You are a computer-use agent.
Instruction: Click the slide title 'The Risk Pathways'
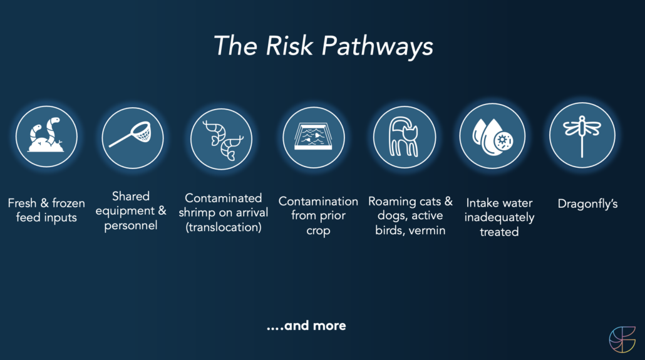pos(323,46)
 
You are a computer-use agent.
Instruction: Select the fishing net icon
pos(133,138)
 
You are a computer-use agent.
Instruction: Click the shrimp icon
pos(221,138)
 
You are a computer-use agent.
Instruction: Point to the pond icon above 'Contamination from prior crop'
pos(314,137)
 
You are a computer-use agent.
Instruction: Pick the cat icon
pos(405,136)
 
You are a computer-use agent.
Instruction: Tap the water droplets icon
pos(492,136)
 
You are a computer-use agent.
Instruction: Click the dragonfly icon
pos(582,135)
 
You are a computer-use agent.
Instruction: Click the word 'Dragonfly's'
pos(587,204)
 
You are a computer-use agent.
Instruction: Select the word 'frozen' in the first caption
pos(68,203)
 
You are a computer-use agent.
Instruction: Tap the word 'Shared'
pos(131,196)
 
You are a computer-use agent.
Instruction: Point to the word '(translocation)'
pos(224,227)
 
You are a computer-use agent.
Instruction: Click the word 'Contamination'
pos(318,201)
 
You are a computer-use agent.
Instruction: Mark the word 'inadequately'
pos(499,218)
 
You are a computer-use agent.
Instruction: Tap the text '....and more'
pos(306,326)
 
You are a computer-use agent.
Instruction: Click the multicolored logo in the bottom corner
pos(622,339)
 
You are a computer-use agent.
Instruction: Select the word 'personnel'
pos(131,225)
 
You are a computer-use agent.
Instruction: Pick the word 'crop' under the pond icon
pos(318,231)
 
